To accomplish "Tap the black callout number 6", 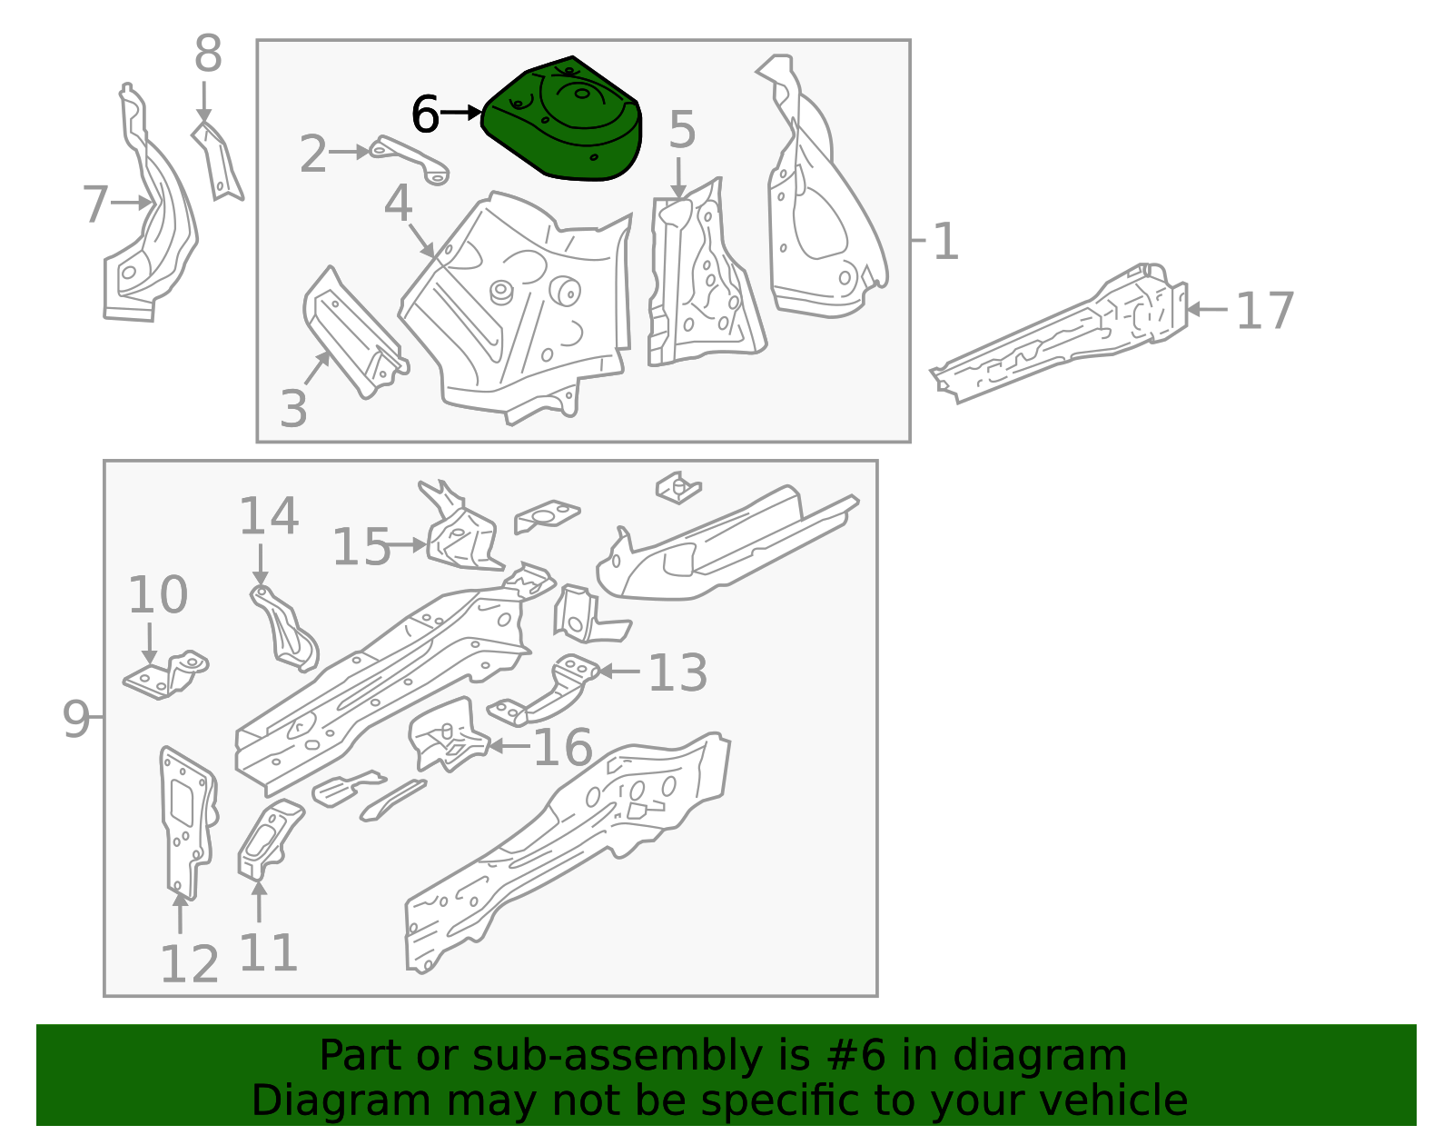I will point(425,115).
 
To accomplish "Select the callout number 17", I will point(1264,312).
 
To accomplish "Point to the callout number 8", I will point(208,55).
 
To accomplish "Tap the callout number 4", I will point(398,204).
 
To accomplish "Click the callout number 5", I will point(682,131).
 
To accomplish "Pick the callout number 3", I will point(293,409).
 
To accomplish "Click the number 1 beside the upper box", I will point(945,243).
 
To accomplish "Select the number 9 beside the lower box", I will point(76,719).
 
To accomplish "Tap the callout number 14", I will point(269,516).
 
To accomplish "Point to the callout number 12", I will point(189,964).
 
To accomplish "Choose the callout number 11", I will point(268,952).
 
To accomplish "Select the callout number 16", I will point(563,748).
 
